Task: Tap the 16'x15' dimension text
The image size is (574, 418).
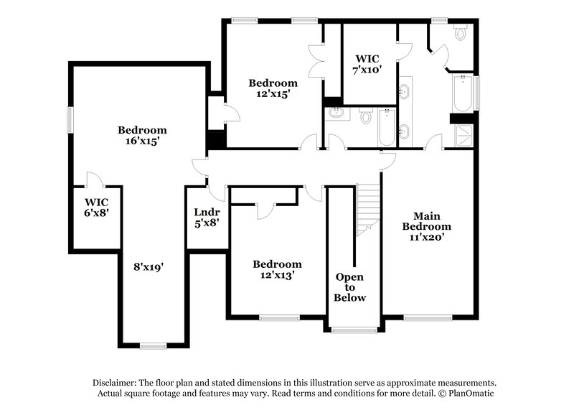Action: (x=142, y=141)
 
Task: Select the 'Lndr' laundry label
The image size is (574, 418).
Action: (x=207, y=212)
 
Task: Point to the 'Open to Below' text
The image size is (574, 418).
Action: (x=351, y=287)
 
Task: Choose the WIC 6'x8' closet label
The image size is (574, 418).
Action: (x=96, y=208)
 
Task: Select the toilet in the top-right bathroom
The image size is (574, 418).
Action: (x=461, y=33)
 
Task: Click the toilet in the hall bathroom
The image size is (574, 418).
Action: (x=365, y=115)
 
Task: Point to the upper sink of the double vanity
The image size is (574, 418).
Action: (x=404, y=91)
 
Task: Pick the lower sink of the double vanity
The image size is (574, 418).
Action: (x=404, y=131)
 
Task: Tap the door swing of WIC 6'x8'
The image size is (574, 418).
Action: (x=92, y=179)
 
